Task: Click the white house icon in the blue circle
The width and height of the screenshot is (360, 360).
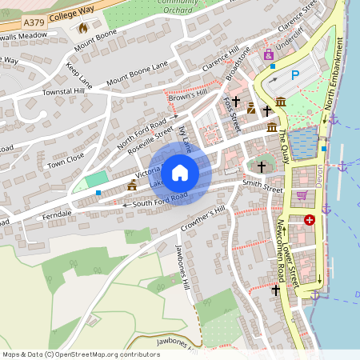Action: [x=180, y=172]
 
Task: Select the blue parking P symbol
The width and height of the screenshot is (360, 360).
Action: [x=294, y=74]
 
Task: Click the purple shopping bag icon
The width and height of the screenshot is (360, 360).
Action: [x=268, y=55]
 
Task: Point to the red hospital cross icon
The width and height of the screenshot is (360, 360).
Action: [x=310, y=219]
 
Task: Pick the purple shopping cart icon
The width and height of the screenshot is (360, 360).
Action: [x=302, y=194]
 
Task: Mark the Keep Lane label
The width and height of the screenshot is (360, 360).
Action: [x=79, y=74]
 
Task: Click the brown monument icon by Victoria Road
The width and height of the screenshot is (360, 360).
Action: [x=132, y=185]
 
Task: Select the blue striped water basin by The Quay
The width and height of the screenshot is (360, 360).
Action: [x=304, y=142]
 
